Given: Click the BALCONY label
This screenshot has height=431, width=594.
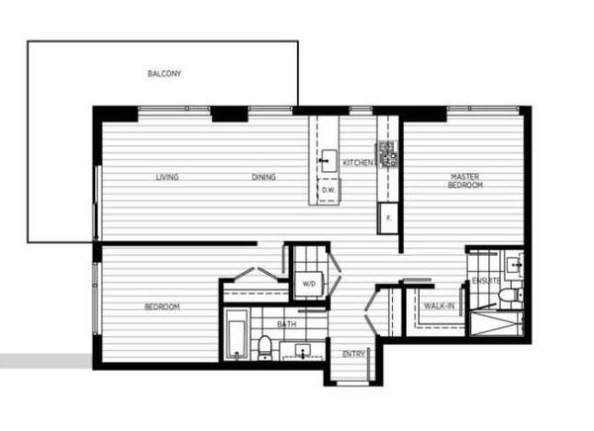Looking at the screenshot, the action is click(x=164, y=73).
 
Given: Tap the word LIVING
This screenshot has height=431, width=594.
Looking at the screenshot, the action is click(x=167, y=177).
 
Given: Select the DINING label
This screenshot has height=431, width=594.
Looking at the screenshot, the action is click(x=263, y=177).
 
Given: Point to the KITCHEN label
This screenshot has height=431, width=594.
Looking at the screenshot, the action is click(x=358, y=163).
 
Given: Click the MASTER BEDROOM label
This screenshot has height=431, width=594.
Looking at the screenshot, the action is click(x=465, y=181).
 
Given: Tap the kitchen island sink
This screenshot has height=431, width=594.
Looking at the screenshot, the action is click(x=329, y=161).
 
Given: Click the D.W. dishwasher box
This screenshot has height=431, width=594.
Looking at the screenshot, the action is click(x=329, y=191).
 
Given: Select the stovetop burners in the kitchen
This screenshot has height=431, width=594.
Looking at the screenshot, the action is click(x=386, y=154).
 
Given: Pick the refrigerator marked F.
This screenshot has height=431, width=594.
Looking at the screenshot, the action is click(x=388, y=218).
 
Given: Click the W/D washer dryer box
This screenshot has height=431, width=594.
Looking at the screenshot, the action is click(x=309, y=284).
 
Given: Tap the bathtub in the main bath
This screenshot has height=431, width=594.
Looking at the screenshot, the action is click(x=236, y=339).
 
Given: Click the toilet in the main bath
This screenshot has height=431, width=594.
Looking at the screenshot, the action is click(x=264, y=348).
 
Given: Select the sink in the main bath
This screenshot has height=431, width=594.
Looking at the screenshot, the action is click(x=303, y=352).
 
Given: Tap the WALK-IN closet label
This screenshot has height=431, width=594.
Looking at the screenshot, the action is click(x=439, y=305).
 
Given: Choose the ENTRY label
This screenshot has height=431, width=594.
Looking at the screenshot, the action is click(x=353, y=354).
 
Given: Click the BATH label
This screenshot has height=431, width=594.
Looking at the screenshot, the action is click(x=287, y=324).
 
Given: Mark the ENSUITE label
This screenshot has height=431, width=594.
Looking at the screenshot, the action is click(x=486, y=281).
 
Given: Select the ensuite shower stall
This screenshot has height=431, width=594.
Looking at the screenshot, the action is click(x=496, y=323).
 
